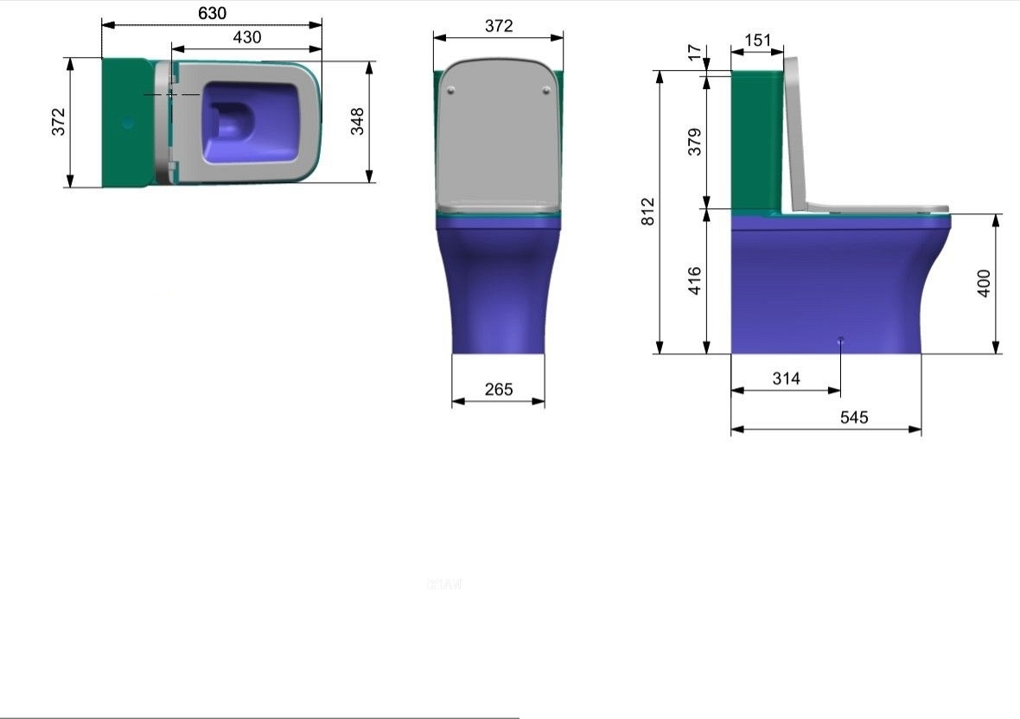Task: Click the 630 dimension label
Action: (212, 13)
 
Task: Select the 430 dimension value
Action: (247, 37)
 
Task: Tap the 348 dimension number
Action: (357, 122)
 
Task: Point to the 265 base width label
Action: (499, 389)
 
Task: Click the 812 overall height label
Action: (648, 212)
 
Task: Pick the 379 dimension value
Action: (695, 142)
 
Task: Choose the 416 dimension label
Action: (695, 281)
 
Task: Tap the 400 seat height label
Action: (984, 283)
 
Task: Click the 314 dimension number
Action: (786, 379)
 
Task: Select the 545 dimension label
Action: (853, 417)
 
